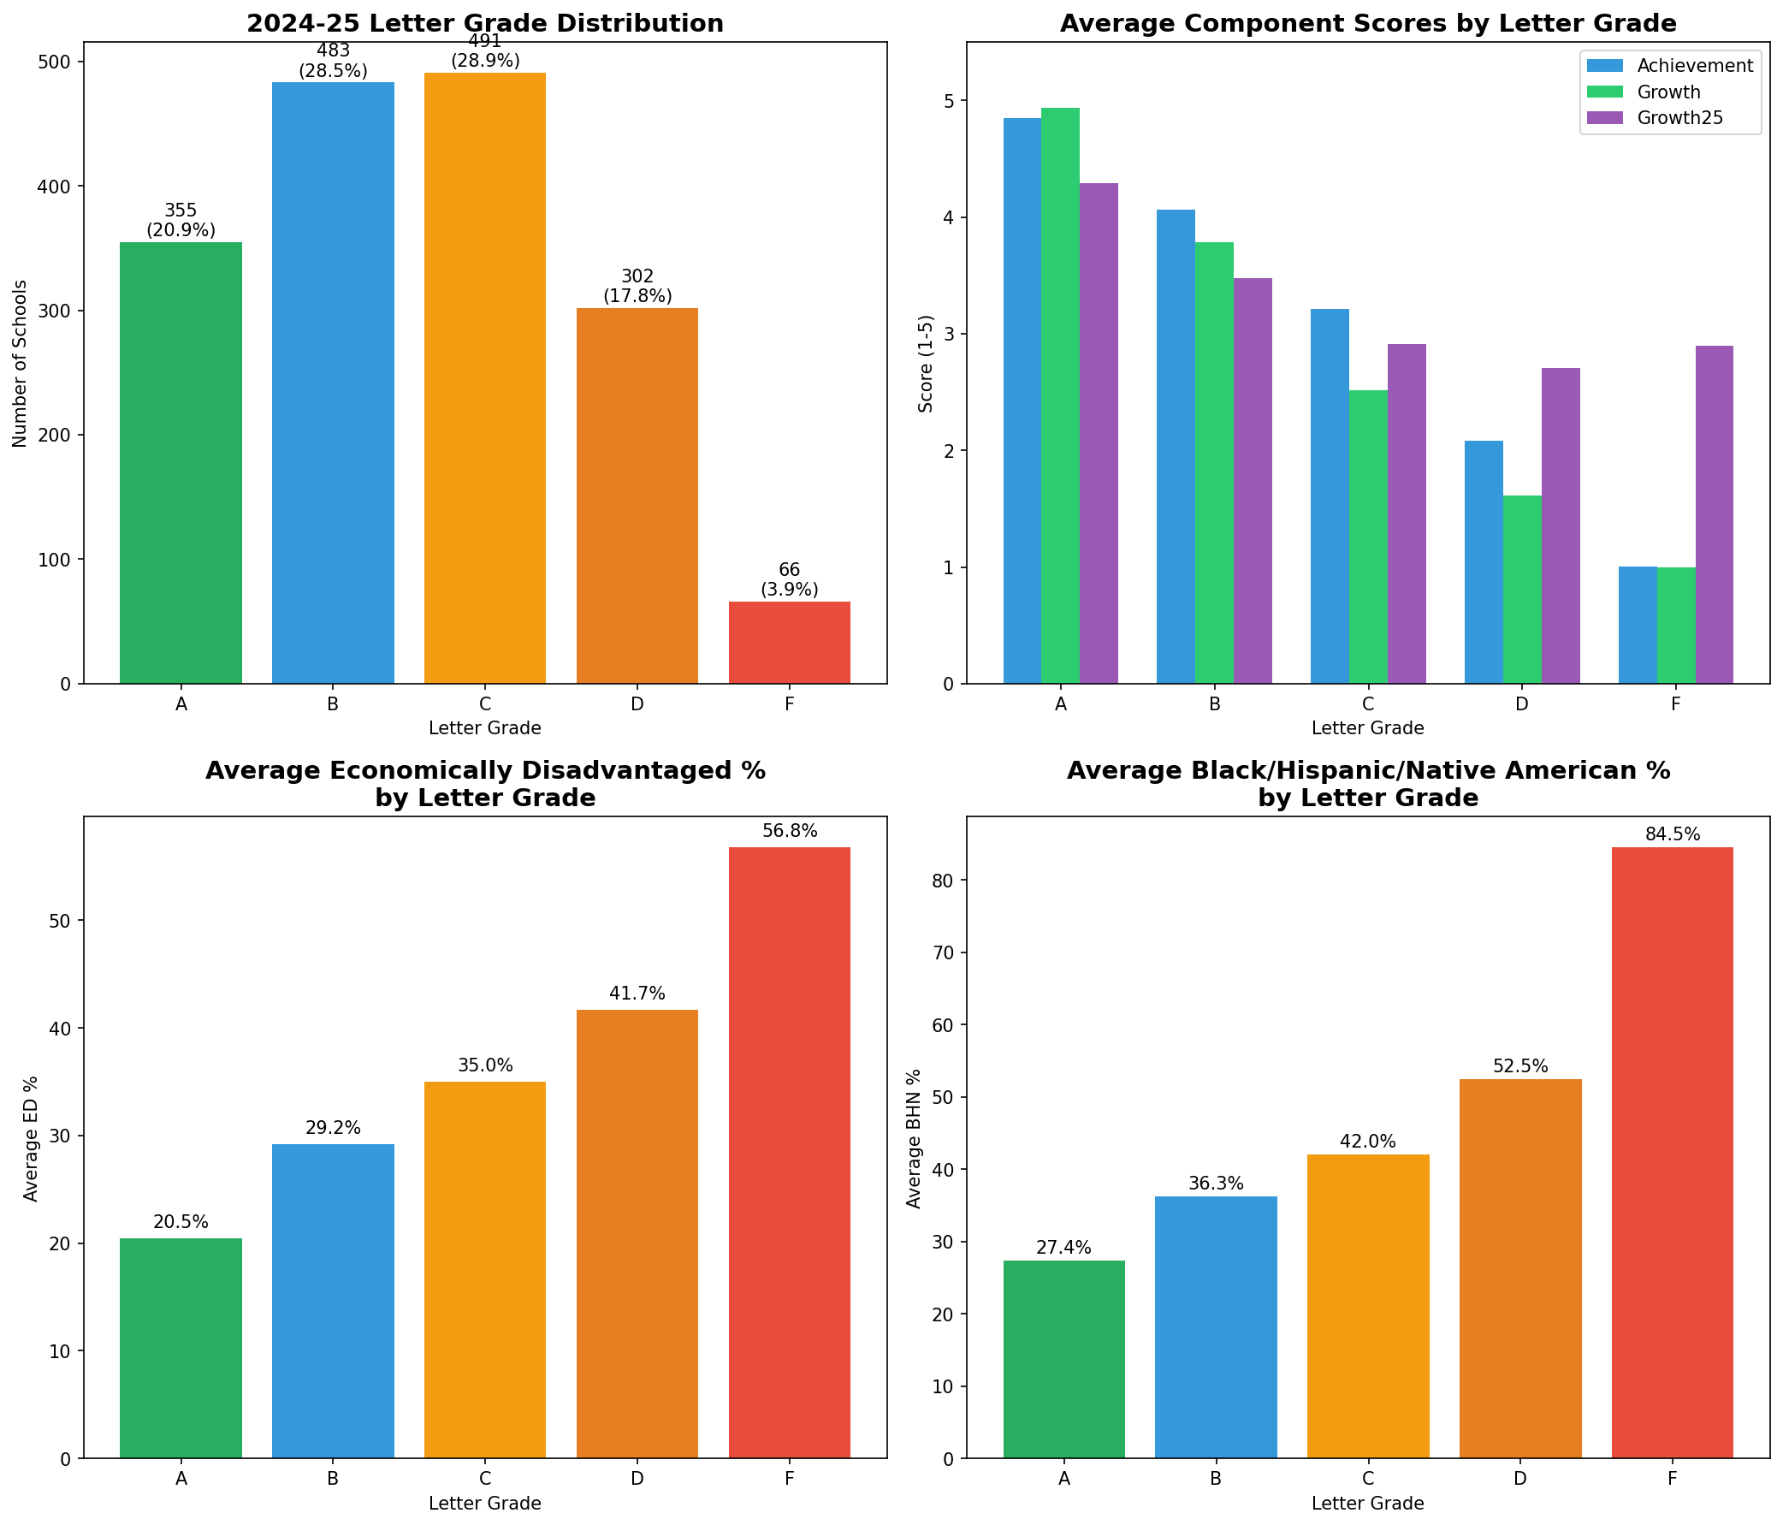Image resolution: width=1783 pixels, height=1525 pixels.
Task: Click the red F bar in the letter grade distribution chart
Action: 789,642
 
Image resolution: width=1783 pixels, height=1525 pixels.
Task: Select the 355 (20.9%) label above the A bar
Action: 181,220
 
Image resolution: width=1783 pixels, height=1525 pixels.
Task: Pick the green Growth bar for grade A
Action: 1060,396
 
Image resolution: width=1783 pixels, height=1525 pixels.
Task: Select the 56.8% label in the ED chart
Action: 789,831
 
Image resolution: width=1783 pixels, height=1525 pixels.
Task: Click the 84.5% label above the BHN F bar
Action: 1672,834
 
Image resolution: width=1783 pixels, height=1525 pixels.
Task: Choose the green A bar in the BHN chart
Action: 1063,1359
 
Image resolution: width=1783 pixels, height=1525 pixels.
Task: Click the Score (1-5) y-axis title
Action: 926,363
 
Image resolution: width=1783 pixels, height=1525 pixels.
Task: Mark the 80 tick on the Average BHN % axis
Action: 943,881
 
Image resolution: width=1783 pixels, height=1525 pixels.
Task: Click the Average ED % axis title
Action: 31,1137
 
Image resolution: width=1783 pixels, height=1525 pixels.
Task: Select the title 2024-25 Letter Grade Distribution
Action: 485,23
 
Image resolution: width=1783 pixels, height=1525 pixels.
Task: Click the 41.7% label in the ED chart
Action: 637,994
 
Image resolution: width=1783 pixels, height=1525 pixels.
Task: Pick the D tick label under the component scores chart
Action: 1521,704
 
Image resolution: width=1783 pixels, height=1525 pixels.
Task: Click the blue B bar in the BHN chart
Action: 1216,1326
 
